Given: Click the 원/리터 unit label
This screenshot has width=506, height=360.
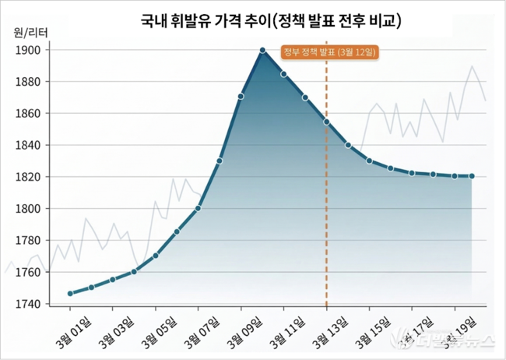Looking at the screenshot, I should [30, 33].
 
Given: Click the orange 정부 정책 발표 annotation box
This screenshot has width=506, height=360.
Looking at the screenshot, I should [329, 52].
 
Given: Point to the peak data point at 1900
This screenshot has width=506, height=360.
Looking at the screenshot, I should [262, 50].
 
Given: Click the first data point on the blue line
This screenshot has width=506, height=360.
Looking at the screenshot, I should [70, 294].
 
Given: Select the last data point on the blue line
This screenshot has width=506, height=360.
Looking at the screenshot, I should [473, 176].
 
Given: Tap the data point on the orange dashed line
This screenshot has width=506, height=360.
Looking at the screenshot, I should [326, 122].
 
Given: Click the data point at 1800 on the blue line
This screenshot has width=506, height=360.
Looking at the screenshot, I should [199, 208].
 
